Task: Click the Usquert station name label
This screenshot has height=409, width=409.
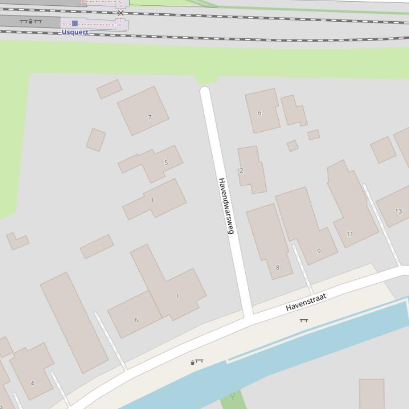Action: pos(75,32)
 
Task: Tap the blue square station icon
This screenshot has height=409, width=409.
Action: pos(75,23)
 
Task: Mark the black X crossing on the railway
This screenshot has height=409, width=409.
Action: pos(121,13)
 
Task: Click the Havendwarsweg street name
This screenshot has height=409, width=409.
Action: pos(226,206)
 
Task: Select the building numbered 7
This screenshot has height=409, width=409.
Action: pos(144,111)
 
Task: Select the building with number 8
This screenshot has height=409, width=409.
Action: pos(271,242)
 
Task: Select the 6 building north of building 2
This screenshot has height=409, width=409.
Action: pos(262,110)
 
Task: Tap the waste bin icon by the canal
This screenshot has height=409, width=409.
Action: pos(193,363)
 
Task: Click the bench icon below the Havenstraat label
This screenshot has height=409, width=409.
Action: pos(304,320)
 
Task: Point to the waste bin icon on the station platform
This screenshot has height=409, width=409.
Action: pos(30,21)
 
